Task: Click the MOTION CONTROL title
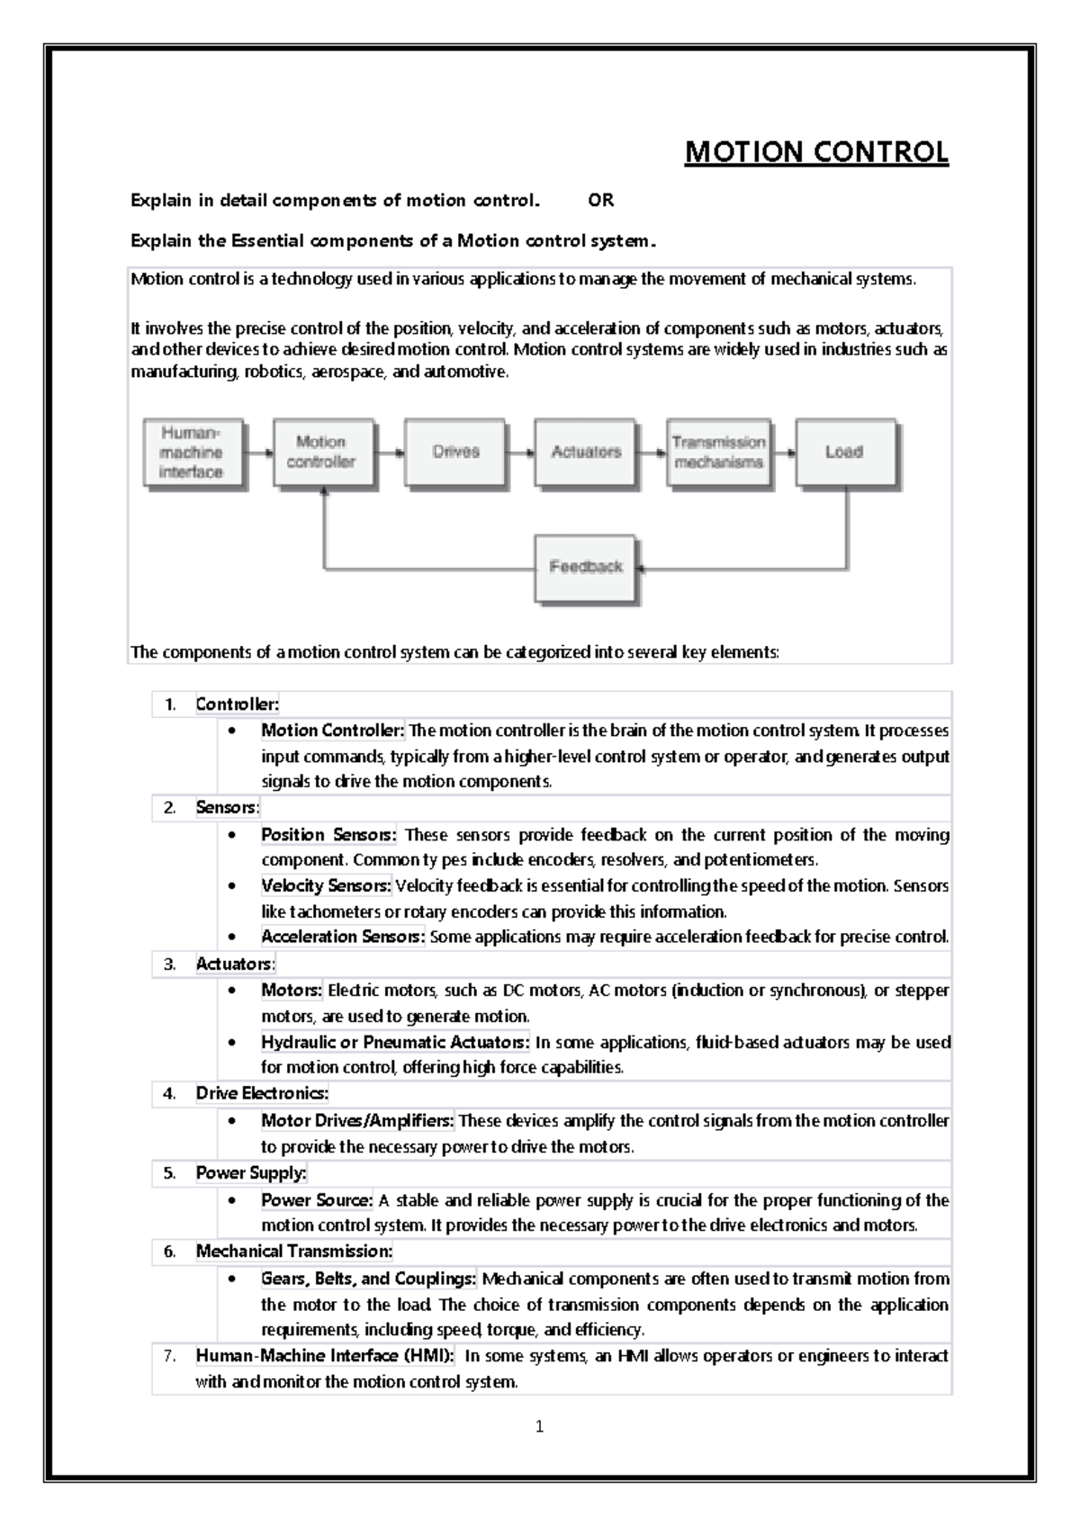coord(816,152)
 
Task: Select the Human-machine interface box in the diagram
coord(193,453)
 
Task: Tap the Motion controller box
coord(322,452)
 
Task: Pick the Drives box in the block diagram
coord(454,452)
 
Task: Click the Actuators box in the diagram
coord(586,452)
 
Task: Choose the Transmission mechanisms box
coord(718,453)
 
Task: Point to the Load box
coord(844,452)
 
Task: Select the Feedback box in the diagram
coord(586,567)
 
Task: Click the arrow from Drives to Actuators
coord(519,453)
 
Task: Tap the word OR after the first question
coord(601,201)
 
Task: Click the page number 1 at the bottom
coord(539,1426)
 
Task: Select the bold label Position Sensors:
coord(328,835)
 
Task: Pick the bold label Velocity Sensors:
coord(326,886)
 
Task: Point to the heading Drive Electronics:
coord(262,1094)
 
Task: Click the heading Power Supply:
coord(251,1173)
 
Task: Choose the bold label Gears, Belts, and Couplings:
coord(369,1279)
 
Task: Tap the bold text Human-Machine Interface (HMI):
coord(325,1356)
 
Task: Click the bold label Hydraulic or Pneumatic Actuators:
coord(395,1043)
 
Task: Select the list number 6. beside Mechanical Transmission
coord(169,1252)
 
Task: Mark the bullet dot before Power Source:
coord(234,1200)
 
